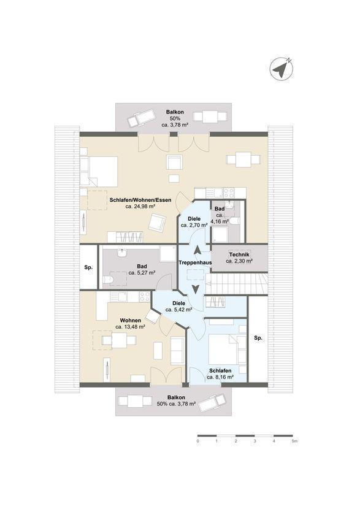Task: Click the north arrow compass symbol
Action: click(281, 69)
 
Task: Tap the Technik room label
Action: click(239, 255)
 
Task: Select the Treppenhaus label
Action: click(195, 262)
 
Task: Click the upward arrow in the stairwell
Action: click(197, 250)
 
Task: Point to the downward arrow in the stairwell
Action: click(196, 289)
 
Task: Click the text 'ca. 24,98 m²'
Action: click(140, 206)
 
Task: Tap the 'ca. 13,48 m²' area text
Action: click(130, 327)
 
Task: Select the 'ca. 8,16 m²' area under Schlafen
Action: click(220, 377)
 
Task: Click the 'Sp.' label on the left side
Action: click(88, 267)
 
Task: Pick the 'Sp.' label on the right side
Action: click(258, 338)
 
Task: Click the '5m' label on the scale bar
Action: click(295, 441)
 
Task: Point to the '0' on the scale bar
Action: click(197, 441)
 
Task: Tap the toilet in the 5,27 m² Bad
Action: click(108, 280)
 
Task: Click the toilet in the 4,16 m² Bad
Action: click(234, 221)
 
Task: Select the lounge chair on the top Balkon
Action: click(141, 117)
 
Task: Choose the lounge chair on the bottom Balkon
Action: click(211, 403)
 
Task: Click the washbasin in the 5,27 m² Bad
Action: click(123, 253)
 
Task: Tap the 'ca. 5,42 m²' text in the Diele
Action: click(179, 310)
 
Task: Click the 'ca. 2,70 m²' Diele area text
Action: click(194, 225)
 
